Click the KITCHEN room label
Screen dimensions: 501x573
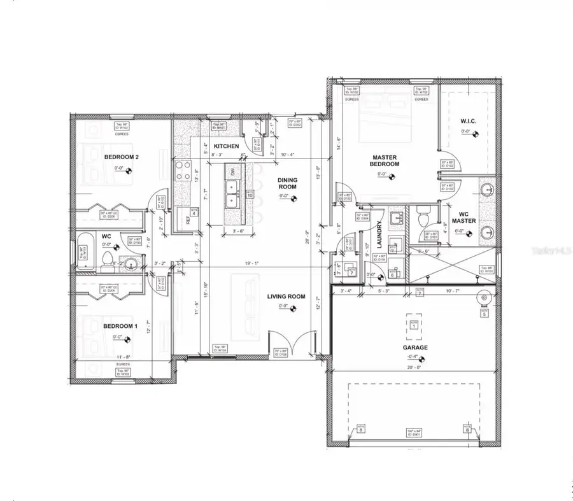(x=226, y=146)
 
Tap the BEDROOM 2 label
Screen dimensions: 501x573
(x=121, y=156)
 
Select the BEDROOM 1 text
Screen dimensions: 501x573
(x=120, y=326)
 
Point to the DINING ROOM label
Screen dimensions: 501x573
(x=286, y=184)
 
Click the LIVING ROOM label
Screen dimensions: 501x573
(x=286, y=296)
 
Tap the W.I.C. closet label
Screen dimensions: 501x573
(x=469, y=120)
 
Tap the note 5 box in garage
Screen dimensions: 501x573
(x=484, y=313)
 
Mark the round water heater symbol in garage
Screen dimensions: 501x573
(x=483, y=297)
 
